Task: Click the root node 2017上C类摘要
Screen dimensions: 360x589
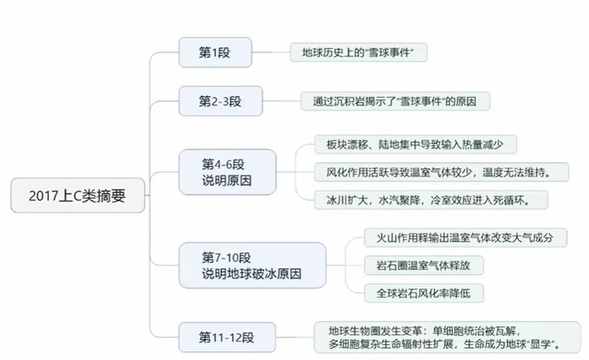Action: pos(78,197)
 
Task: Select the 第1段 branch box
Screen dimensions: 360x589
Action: pos(214,53)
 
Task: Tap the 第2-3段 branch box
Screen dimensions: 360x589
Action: pos(220,101)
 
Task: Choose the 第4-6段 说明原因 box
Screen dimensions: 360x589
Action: pos(227,172)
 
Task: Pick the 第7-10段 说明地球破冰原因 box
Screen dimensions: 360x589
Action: pos(252,265)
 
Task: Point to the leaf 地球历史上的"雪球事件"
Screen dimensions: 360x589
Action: pos(358,53)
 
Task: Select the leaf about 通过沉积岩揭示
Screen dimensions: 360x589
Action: pos(395,101)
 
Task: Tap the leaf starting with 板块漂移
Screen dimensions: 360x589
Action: pos(415,145)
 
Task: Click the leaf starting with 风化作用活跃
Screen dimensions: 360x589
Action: pos(441,172)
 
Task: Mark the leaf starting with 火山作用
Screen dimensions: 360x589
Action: pos(465,238)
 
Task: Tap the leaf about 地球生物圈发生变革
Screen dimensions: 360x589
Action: pos(446,337)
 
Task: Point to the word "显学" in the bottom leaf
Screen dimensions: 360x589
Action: pos(547,345)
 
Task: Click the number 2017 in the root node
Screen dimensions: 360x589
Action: pos(43,197)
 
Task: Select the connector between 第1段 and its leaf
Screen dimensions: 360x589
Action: pos(271,53)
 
